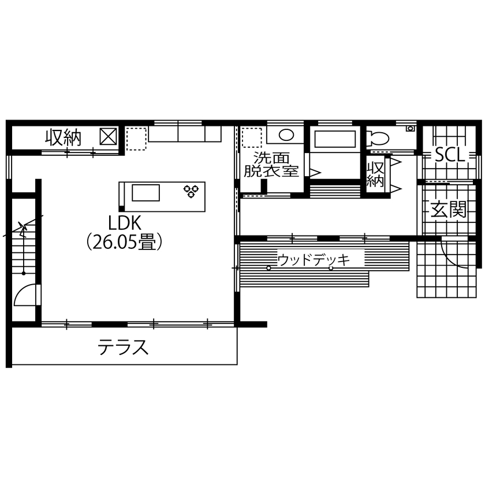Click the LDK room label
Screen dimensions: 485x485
pos(121,222)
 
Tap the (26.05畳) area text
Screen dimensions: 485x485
pos(124,242)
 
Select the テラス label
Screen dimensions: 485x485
pos(123,348)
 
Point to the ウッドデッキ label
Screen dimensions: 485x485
pos(314,260)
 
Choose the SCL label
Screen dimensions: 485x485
pos(449,155)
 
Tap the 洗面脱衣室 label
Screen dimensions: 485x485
pos(271,165)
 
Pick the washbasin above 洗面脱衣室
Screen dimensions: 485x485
pos(286,136)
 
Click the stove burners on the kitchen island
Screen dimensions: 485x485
pos(192,191)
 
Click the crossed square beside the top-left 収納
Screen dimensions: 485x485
pos(108,137)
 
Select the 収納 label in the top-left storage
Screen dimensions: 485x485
pos(64,138)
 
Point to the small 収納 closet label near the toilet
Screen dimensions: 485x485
pos(376,173)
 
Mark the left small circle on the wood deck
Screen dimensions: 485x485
pos(268,268)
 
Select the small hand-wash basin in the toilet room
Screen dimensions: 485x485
pos(411,128)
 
